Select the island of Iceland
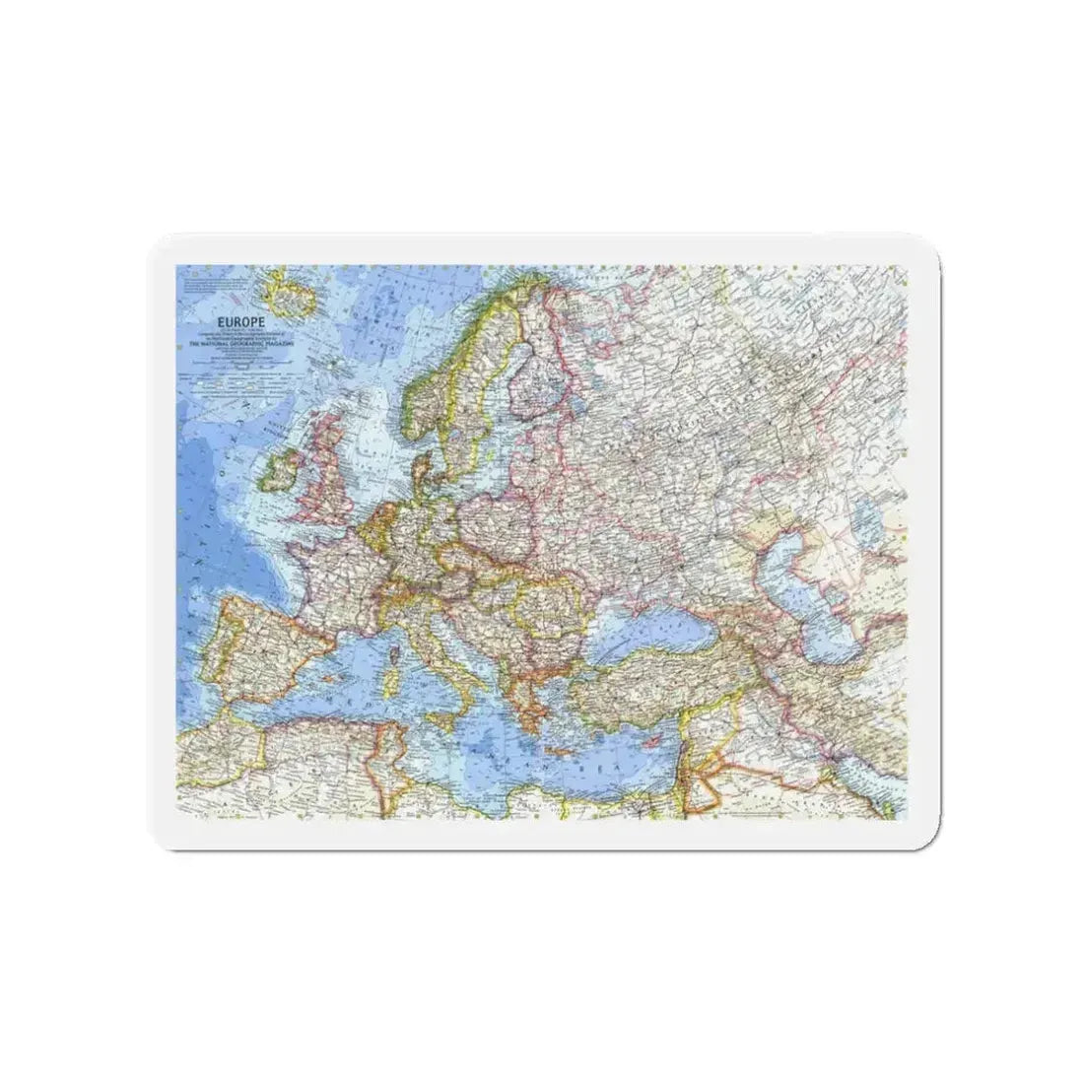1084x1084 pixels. tap(286, 292)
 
